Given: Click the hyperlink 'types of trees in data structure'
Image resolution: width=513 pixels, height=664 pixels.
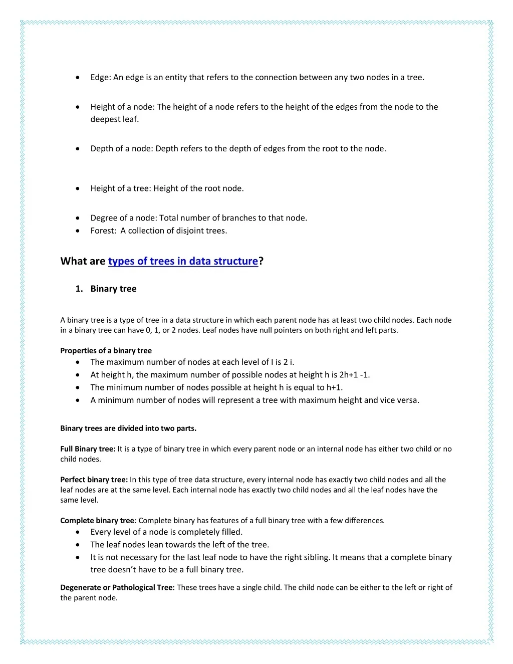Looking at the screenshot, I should click(183, 261).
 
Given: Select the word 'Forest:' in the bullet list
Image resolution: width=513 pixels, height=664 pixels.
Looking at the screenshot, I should click(103, 231).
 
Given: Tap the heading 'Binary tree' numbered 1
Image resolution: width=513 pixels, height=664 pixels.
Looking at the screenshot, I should click(113, 289).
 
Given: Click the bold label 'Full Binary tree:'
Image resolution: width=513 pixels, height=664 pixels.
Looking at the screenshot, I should click(88, 449).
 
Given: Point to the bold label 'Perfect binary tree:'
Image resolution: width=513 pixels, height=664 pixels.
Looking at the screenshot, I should click(94, 480).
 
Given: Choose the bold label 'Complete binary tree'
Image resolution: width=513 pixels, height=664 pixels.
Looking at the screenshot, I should click(97, 521).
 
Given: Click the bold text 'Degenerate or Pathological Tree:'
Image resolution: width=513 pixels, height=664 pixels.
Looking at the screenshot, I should click(117, 587).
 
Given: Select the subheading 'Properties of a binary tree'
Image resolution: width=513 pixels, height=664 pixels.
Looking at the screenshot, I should click(106, 351).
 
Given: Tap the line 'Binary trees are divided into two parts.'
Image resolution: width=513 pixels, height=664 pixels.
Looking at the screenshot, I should click(128, 428).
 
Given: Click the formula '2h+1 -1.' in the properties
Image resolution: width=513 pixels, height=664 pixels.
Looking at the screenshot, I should click(354, 375).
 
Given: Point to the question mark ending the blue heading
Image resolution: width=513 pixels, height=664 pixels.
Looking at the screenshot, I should click(261, 261).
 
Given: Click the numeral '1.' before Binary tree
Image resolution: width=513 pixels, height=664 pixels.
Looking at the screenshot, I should click(79, 289).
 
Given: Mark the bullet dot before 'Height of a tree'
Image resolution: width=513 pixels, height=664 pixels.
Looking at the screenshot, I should click(78, 189).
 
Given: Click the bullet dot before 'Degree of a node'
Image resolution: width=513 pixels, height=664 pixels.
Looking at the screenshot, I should click(78, 218).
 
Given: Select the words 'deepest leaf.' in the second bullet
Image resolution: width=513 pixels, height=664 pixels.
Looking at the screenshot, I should click(114, 119).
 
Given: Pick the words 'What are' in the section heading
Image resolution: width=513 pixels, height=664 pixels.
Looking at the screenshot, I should click(83, 261).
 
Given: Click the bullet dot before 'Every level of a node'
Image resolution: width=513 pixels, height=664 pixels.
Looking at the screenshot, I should click(78, 532).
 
